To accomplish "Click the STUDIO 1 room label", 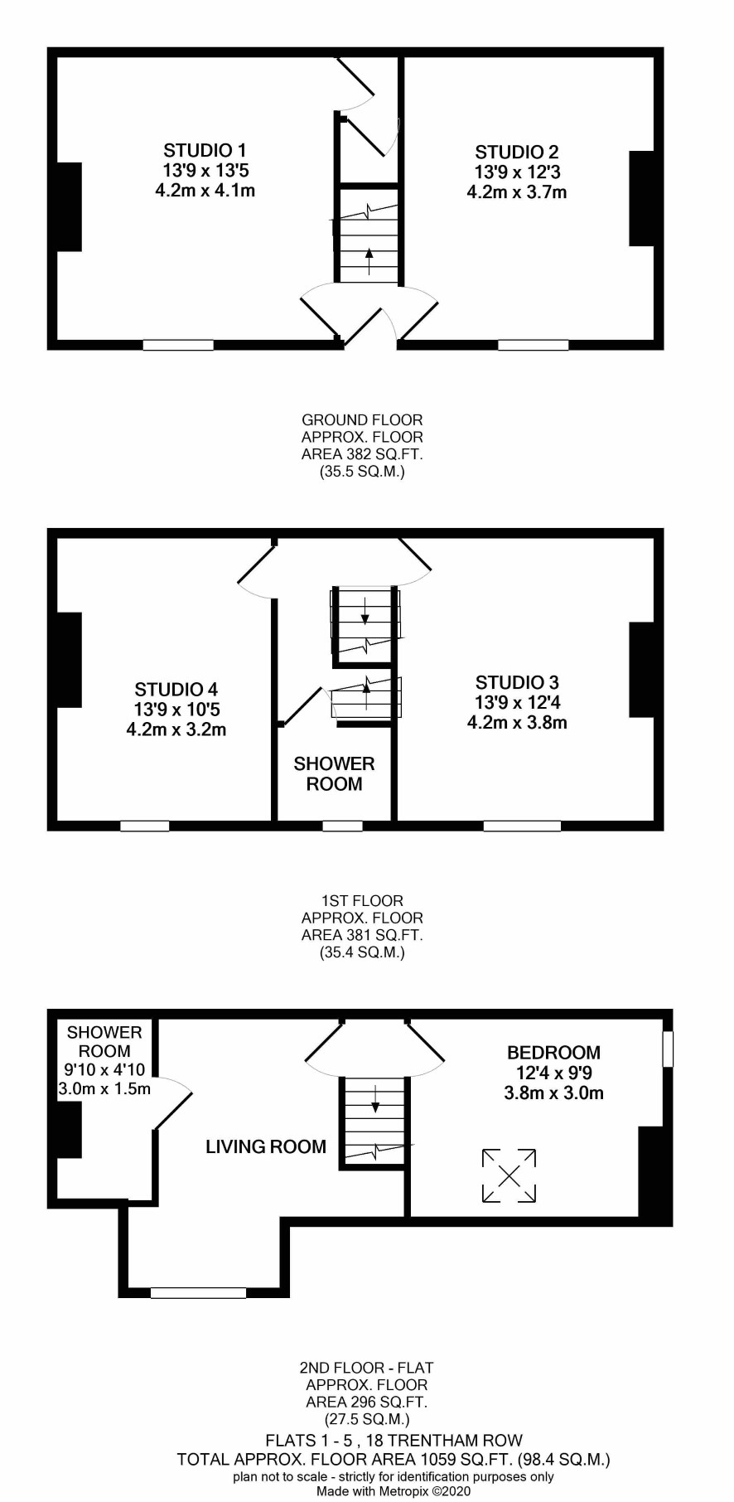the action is (205, 151).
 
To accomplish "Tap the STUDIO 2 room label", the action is (517, 153).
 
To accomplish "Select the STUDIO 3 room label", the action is (517, 683).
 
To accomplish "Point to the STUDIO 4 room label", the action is (176, 690).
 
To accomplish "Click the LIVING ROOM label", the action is (266, 1147).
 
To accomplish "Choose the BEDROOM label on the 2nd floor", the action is (553, 1053).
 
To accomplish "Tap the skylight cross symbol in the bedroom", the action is (509, 1175).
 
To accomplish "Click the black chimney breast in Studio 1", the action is (69, 206).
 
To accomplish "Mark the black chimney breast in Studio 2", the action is (642, 198).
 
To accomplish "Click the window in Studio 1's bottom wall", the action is (178, 345).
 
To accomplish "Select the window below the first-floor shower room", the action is (342, 826).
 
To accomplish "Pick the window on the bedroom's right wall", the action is (668, 1049).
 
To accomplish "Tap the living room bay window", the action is (199, 1292).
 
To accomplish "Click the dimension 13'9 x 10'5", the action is (176, 710).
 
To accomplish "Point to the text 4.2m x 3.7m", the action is (517, 192).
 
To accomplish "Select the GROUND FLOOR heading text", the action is (362, 420).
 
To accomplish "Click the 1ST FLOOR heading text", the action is (362, 901).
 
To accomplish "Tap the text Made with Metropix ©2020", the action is (394, 1491).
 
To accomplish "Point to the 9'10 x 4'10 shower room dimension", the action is (104, 1070).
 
